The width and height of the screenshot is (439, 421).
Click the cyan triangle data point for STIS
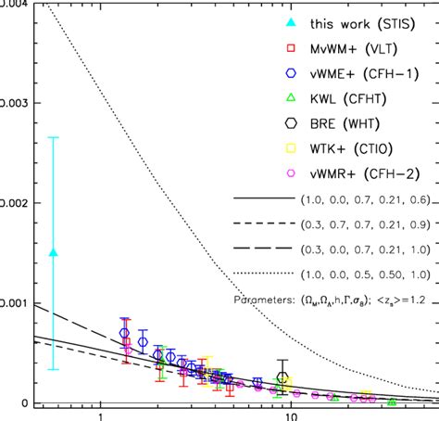pyautogui.click(x=53, y=252)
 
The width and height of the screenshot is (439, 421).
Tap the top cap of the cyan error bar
pyautogui.click(x=53, y=137)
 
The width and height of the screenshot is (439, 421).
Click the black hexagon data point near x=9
pyautogui.click(x=283, y=377)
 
